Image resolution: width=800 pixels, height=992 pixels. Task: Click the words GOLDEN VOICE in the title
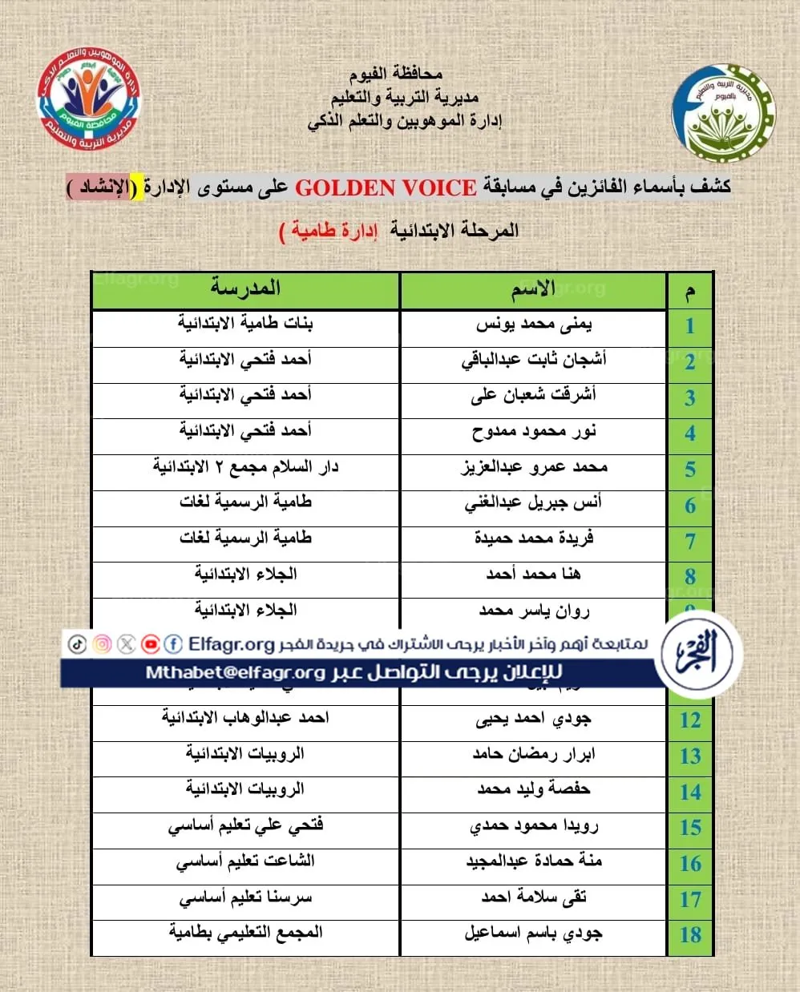tap(386, 188)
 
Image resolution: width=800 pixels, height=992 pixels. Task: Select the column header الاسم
tap(533, 290)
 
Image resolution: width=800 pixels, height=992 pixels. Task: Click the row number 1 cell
tap(689, 326)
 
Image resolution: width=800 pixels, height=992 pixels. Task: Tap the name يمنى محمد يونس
tap(533, 325)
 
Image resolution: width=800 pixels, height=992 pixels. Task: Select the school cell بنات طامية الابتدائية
tap(245, 324)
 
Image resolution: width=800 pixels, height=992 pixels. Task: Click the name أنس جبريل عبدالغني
tap(533, 504)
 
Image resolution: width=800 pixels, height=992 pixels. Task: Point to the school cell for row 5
tap(245, 467)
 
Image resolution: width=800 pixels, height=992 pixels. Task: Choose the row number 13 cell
tap(689, 756)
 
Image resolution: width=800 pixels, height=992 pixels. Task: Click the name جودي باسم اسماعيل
tap(533, 934)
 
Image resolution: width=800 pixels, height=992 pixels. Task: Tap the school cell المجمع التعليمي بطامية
tap(245, 933)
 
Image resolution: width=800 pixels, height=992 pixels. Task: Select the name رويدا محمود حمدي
tap(533, 826)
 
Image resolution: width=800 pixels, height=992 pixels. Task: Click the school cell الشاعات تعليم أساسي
tap(245, 862)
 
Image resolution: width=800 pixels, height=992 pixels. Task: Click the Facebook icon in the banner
tap(173, 644)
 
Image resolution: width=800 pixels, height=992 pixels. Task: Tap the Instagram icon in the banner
tap(102, 644)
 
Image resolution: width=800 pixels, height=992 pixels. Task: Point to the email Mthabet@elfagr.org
tap(235, 673)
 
